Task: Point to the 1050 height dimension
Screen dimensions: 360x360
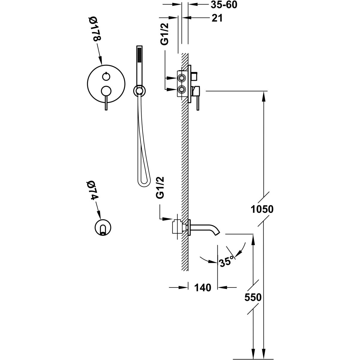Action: pyautogui.click(x=262, y=208)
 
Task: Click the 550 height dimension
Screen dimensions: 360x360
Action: pyautogui.click(x=253, y=297)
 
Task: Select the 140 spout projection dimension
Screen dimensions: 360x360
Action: pyautogui.click(x=202, y=287)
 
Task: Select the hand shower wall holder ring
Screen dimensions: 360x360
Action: pyautogui.click(x=139, y=90)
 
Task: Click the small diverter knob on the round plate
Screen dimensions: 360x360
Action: pyautogui.click(x=105, y=77)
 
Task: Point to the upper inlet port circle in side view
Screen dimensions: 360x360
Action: pyautogui.click(x=181, y=78)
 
